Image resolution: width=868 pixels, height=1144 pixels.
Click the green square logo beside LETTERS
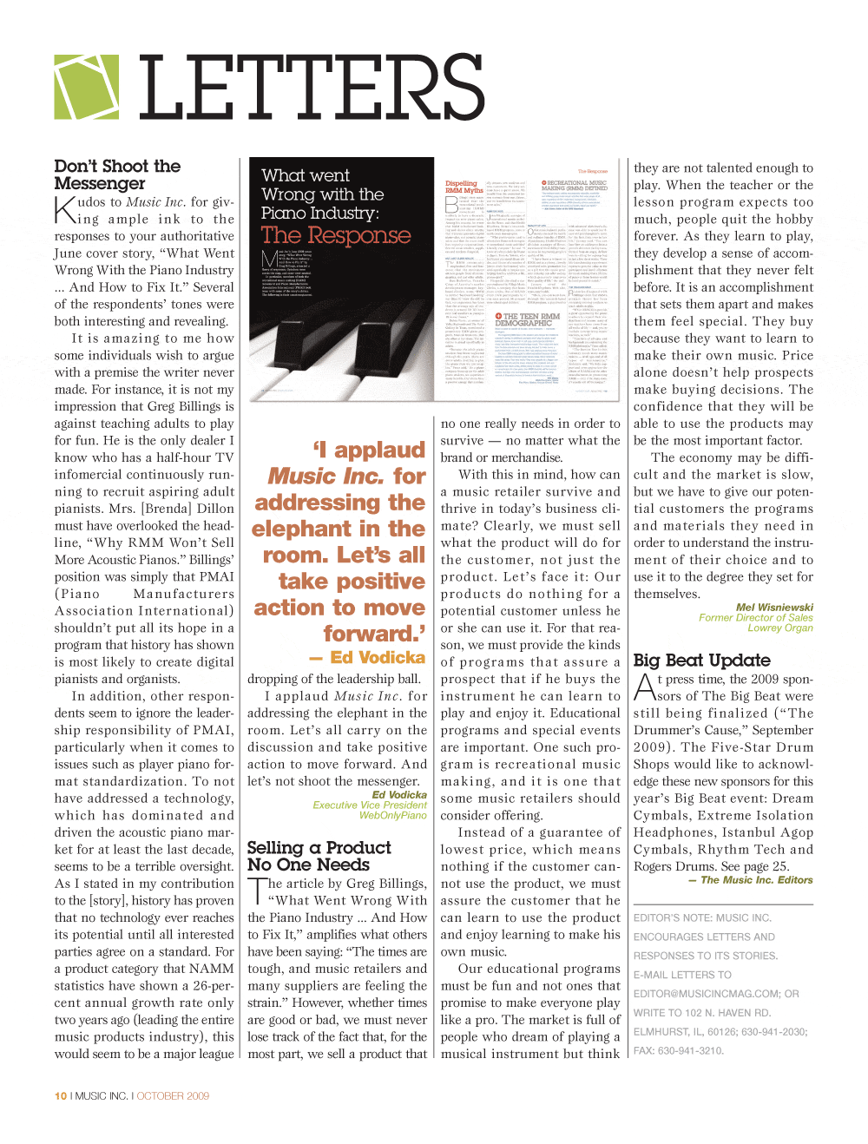[87, 87]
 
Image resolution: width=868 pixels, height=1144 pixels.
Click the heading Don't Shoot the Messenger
[117, 174]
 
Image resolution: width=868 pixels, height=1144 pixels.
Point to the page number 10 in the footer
[61, 1096]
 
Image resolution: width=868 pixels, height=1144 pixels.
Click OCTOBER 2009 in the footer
[173, 1096]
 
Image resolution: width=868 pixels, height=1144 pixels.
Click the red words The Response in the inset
[336, 235]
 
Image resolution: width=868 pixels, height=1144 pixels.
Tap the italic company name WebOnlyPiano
[393, 815]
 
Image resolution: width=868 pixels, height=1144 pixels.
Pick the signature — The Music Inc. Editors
[751, 880]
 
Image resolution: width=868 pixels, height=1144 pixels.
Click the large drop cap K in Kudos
[65, 209]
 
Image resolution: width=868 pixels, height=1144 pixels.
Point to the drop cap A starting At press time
[644, 687]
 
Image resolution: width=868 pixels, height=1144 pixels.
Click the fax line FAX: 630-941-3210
[678, 1050]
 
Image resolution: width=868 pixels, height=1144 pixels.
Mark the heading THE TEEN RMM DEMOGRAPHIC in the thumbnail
[528, 319]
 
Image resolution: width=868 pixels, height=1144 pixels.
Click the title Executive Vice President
[370, 805]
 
